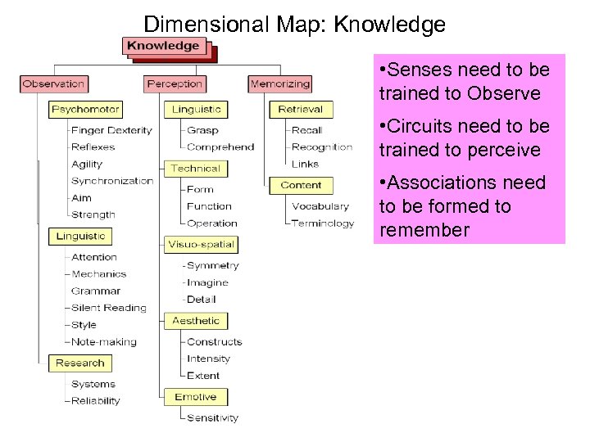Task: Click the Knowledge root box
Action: [x=164, y=46]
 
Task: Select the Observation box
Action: [x=54, y=83]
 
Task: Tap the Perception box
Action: [x=174, y=83]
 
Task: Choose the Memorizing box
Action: [x=280, y=83]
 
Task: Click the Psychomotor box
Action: [x=85, y=109]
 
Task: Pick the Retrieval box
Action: [x=300, y=109]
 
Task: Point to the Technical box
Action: [x=195, y=168]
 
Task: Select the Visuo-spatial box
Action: [x=201, y=244]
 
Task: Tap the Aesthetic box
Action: [x=196, y=321]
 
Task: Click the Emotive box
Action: [x=195, y=397]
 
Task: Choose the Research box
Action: [x=79, y=363]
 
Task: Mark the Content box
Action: [x=301, y=185]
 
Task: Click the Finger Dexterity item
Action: [x=111, y=130]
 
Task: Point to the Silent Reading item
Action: [x=108, y=308]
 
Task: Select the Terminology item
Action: [x=323, y=223]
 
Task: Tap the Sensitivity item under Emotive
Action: [x=212, y=417]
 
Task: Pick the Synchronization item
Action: [x=111, y=181]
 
